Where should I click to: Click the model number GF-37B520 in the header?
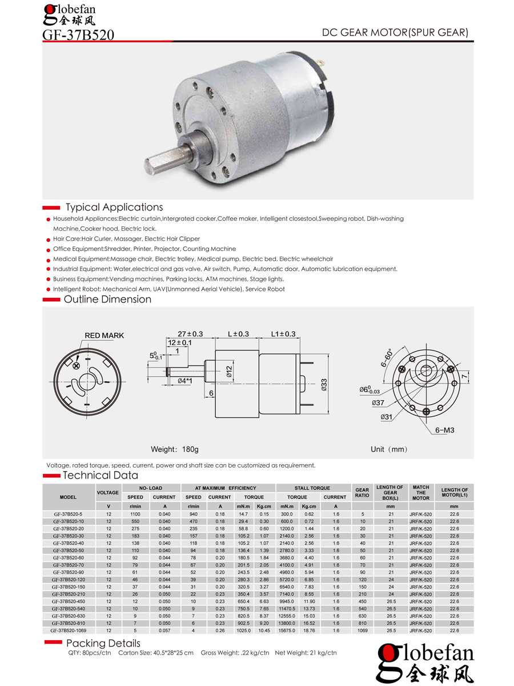(x=78, y=35)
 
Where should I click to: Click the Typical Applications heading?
(x=114, y=207)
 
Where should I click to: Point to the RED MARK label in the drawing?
(x=104, y=336)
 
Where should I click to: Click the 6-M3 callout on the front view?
(x=444, y=430)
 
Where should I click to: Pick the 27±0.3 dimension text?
(x=190, y=334)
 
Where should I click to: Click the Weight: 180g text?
(x=174, y=449)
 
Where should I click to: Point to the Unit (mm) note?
(x=389, y=449)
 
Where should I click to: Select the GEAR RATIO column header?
(x=362, y=493)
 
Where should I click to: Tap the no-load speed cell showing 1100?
(x=135, y=514)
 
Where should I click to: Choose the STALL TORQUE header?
(x=312, y=488)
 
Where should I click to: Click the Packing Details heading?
(x=103, y=643)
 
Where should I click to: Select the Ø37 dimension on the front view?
(x=378, y=403)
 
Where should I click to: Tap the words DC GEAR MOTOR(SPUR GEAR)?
(x=395, y=33)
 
